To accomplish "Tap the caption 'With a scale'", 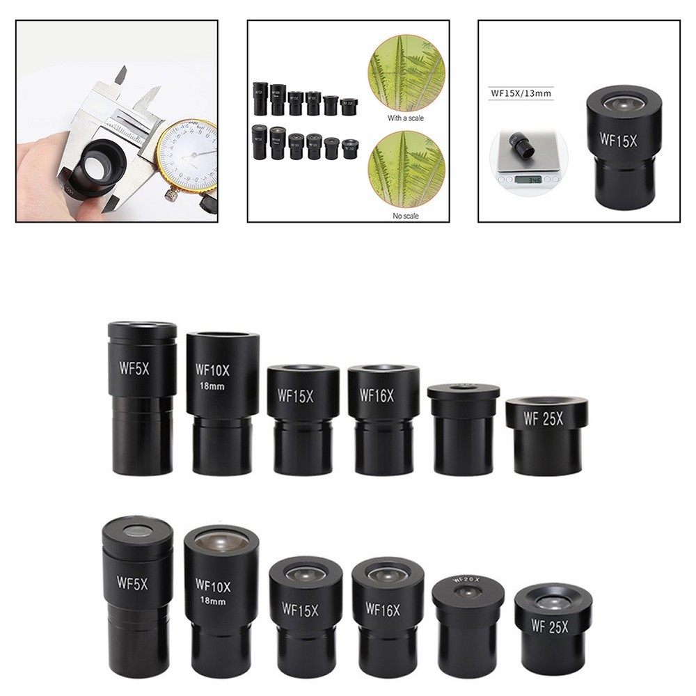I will (406, 118).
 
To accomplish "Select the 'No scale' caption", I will (406, 216).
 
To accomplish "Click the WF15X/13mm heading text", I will (521, 93).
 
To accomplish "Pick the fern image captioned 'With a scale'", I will (406, 72).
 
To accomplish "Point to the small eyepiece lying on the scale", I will (522, 145).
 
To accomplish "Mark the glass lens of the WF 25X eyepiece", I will (553, 602).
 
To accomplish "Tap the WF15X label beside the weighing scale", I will (617, 139).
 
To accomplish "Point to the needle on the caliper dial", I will (195, 152).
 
